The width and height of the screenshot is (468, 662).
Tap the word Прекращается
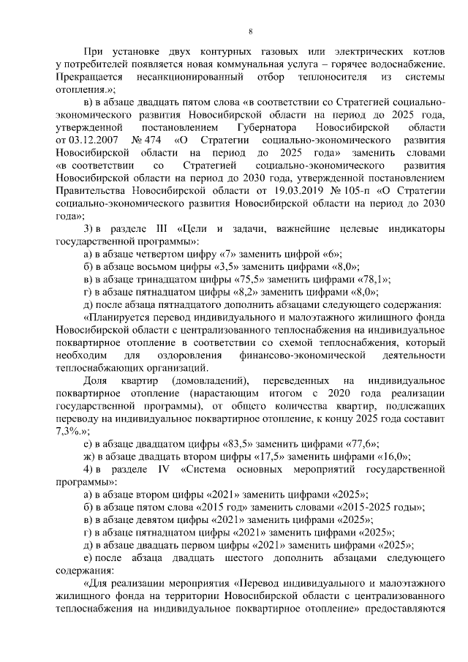(90, 75)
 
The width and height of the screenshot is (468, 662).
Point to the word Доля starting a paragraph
(97, 382)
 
